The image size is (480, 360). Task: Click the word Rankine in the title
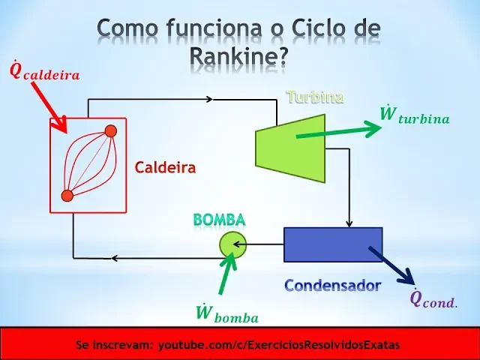pos(238,54)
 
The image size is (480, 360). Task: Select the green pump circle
pos(232,243)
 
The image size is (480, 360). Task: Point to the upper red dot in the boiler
pos(110,131)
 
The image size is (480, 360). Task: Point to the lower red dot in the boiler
pos(67,196)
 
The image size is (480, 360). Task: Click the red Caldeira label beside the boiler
pos(165,167)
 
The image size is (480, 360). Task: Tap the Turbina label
pos(315,97)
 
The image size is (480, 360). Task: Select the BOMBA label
pos(219,220)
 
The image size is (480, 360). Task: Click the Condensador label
pos(332,285)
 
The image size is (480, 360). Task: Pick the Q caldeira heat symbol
pos(43,72)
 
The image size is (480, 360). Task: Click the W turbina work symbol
pos(414,115)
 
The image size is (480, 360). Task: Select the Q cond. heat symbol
pos(433,298)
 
